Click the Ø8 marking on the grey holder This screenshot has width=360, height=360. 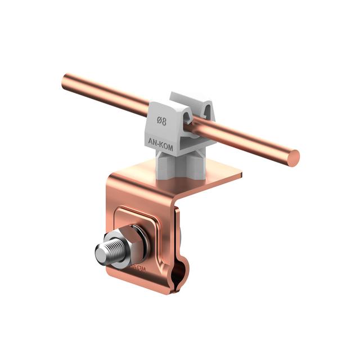pos(161,121)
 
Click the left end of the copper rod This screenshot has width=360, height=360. pos(66,82)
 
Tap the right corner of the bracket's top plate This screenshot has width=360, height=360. pos(241,175)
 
